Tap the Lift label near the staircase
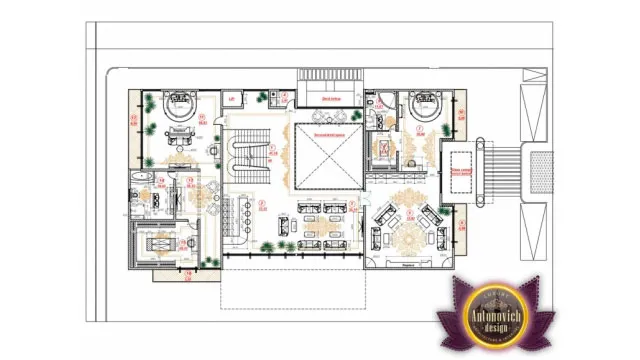(232, 99)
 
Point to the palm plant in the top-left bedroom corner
(149, 100)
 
